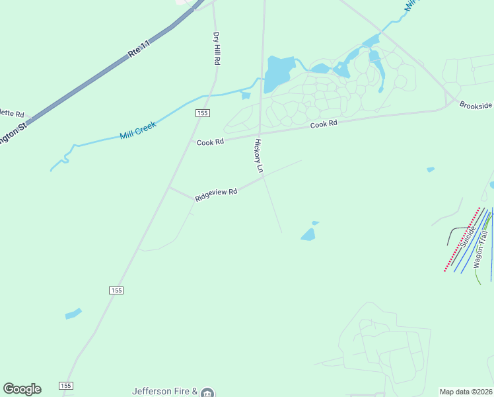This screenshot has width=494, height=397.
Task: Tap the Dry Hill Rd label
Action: [216, 48]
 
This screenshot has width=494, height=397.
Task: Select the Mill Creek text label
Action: [137, 130]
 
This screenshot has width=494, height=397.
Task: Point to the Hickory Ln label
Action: [260, 156]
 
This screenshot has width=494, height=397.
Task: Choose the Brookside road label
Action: [476, 105]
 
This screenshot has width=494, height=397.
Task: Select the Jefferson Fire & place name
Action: [165, 391]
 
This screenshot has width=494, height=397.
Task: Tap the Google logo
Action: [22, 389]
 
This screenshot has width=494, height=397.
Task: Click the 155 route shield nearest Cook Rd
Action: [203, 113]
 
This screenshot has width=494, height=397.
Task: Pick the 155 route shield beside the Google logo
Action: [65, 386]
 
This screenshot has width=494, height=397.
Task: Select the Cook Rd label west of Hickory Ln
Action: [210, 142]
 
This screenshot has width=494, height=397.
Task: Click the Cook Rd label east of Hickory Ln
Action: [324, 124]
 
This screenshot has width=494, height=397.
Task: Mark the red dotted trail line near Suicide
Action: [461, 240]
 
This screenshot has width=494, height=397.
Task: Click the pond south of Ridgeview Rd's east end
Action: [308, 234]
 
